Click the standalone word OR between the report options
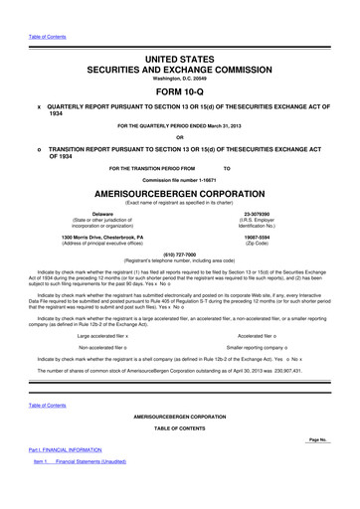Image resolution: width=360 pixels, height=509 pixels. [x=180, y=137]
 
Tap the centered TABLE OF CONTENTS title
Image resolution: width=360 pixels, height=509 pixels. [x=180, y=456]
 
